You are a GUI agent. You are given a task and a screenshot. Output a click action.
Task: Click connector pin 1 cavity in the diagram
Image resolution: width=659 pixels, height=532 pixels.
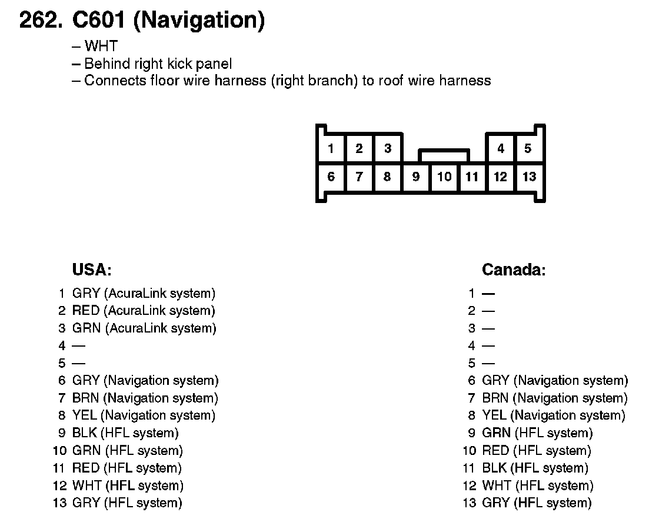pyautogui.click(x=331, y=148)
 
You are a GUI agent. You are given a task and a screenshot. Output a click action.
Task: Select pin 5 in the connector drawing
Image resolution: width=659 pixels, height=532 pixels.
pyautogui.click(x=528, y=148)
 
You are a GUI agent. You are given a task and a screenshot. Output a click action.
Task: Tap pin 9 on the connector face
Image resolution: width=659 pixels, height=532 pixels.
pyautogui.click(x=416, y=177)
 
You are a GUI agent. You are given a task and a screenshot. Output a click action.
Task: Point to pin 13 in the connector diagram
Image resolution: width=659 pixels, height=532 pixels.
pyautogui.click(x=529, y=177)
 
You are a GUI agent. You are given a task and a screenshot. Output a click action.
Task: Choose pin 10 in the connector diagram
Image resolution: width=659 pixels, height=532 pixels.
pyautogui.click(x=444, y=177)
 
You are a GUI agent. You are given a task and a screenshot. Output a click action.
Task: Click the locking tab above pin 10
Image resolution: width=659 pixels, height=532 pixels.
pyautogui.click(x=444, y=156)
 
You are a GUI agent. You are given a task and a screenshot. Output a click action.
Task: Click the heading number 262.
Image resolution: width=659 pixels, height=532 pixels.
pyautogui.click(x=41, y=21)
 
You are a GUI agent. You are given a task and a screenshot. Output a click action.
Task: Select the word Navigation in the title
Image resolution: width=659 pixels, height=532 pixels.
pyautogui.click(x=199, y=21)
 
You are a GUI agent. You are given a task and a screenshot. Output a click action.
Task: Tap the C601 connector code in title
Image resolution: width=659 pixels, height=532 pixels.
pyautogui.click(x=99, y=21)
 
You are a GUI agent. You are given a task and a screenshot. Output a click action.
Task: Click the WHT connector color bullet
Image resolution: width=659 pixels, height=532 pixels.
pyautogui.click(x=101, y=46)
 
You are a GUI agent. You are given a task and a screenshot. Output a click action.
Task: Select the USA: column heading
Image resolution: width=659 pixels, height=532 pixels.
pyautogui.click(x=92, y=270)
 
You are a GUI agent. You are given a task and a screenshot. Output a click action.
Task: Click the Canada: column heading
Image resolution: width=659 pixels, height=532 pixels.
pyautogui.click(x=514, y=270)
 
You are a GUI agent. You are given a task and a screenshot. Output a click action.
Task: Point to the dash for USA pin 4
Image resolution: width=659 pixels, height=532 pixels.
pyautogui.click(x=78, y=346)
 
